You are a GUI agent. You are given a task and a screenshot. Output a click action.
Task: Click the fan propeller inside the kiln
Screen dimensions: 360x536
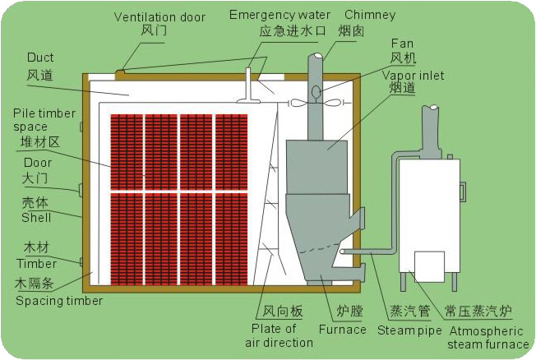(x=316, y=102)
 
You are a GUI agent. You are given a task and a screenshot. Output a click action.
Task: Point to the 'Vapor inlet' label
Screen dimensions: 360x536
(x=413, y=75)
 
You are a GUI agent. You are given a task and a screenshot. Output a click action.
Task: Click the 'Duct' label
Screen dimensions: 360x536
(x=40, y=58)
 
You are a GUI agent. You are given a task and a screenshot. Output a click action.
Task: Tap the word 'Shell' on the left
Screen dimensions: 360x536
(x=36, y=218)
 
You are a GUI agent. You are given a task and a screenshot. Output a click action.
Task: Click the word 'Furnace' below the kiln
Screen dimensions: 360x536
(x=344, y=330)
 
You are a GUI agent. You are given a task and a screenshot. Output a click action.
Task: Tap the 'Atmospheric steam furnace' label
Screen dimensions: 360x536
(x=487, y=337)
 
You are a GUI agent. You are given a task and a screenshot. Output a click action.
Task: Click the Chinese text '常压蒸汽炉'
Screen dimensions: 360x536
(x=478, y=312)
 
